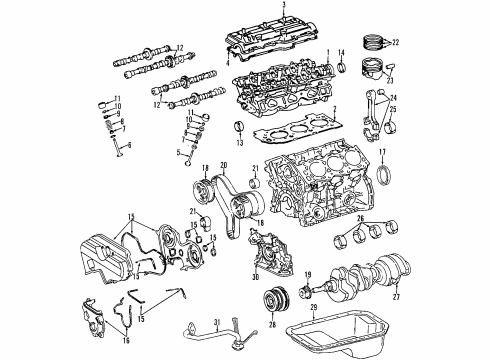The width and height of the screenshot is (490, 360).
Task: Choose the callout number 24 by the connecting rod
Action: pos(392,98)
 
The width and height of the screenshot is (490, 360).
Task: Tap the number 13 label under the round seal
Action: pos(237,144)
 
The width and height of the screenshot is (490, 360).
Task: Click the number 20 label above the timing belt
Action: pos(224,166)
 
